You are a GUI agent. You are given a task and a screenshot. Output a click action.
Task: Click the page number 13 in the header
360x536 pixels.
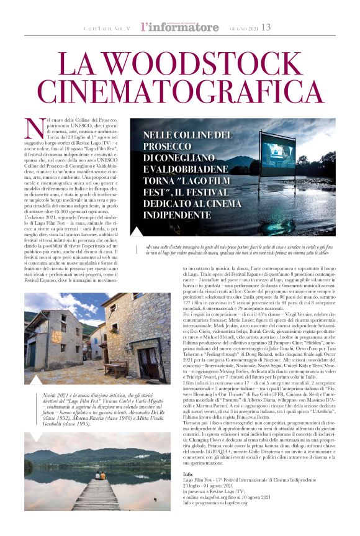coord(266,27)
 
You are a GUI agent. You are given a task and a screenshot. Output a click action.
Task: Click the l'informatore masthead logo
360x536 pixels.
coord(179,27)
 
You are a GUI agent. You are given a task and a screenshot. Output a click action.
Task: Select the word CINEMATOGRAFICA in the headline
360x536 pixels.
coord(179,93)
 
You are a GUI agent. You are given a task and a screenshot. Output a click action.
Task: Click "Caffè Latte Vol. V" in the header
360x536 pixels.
coord(109,29)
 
